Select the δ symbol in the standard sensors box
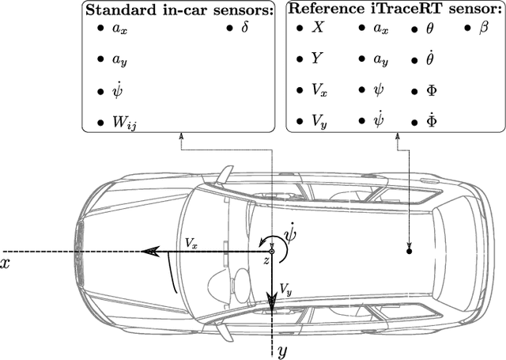pyautogui.click(x=244, y=28)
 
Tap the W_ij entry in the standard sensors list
pyautogui.click(x=123, y=123)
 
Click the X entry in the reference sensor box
pyautogui.click(x=318, y=28)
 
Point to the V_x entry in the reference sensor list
pyautogui.click(x=319, y=90)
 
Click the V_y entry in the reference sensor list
pyautogui.click(x=319, y=122)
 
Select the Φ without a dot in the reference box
pyautogui.click(x=431, y=90)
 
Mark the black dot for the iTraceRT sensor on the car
pyautogui.click(x=409, y=251)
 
